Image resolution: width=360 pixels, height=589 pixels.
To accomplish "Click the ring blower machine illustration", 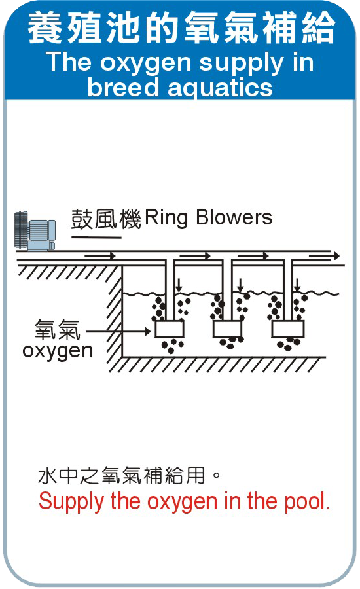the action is point(35,231).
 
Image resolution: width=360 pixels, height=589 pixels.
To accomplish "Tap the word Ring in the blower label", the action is point(166,218).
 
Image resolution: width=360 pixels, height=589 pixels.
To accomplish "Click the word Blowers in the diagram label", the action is point(234,217).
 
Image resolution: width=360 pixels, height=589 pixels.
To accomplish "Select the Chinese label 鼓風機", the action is point(106,219).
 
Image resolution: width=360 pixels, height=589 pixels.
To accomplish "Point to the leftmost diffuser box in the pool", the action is point(170,329).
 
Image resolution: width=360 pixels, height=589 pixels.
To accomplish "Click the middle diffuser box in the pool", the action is point(227,329).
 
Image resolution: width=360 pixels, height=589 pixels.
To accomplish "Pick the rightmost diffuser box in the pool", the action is point(288,329).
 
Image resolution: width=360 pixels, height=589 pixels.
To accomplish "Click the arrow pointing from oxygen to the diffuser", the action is point(118,331).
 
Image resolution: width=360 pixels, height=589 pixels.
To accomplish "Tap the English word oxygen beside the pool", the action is point(58,351).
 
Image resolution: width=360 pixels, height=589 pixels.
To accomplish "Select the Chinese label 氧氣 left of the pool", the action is point(58,329).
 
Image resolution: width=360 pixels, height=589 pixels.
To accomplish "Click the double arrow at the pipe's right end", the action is point(324,256).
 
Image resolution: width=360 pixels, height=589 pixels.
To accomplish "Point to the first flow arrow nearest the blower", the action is point(100,256).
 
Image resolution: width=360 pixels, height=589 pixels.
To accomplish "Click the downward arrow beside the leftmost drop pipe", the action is point(179,285).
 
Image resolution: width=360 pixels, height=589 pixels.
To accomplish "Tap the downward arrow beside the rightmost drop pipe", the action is point(297,285).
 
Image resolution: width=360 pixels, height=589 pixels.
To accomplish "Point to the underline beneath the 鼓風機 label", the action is point(96,238).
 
